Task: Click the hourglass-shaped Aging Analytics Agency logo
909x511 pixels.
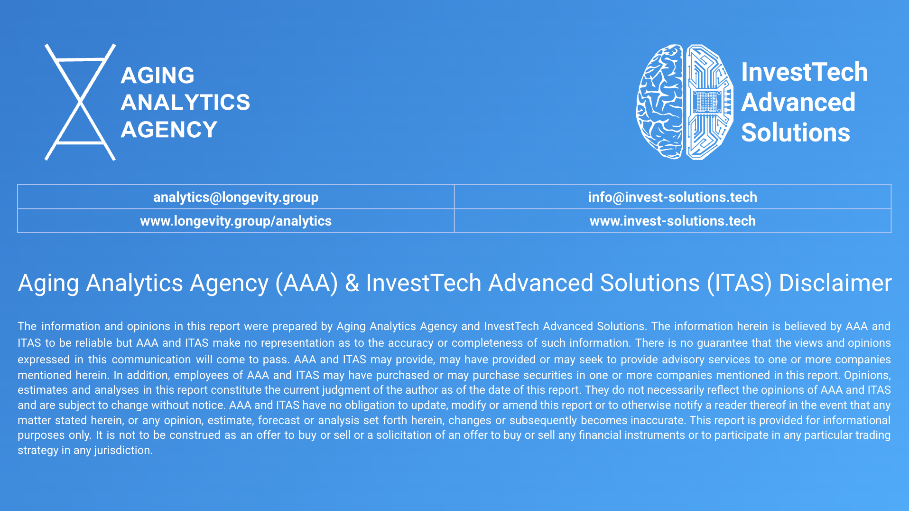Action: (x=80, y=102)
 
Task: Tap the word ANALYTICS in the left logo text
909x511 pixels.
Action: (x=186, y=103)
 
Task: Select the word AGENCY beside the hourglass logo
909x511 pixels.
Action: (x=169, y=130)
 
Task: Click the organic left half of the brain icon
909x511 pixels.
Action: (x=660, y=102)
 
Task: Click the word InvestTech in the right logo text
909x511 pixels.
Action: (x=805, y=72)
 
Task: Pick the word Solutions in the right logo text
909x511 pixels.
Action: (x=796, y=132)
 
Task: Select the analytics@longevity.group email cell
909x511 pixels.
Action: (x=236, y=197)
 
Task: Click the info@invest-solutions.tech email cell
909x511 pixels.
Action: (x=673, y=197)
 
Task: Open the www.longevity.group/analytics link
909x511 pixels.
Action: (x=236, y=221)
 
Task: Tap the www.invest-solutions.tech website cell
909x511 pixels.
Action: (x=673, y=221)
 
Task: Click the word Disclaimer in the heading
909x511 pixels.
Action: (x=835, y=283)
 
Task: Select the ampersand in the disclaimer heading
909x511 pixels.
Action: (x=352, y=283)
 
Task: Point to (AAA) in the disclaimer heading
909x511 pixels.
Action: (x=307, y=284)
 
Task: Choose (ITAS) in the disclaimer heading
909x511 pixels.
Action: (x=739, y=284)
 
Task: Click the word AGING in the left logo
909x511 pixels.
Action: (x=158, y=76)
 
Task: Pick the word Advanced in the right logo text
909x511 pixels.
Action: (x=798, y=102)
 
